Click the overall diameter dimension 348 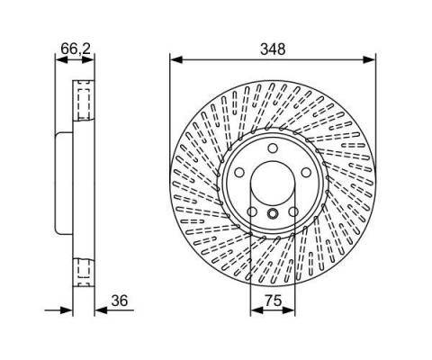[273, 49]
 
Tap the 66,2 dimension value [76, 49]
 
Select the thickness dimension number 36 [120, 301]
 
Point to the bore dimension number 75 [273, 301]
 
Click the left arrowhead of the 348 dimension [176, 59]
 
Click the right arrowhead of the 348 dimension [369, 59]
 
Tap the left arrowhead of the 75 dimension [256, 310]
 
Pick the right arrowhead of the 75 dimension [289, 310]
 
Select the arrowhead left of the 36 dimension [67, 310]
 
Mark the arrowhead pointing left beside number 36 [101, 310]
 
